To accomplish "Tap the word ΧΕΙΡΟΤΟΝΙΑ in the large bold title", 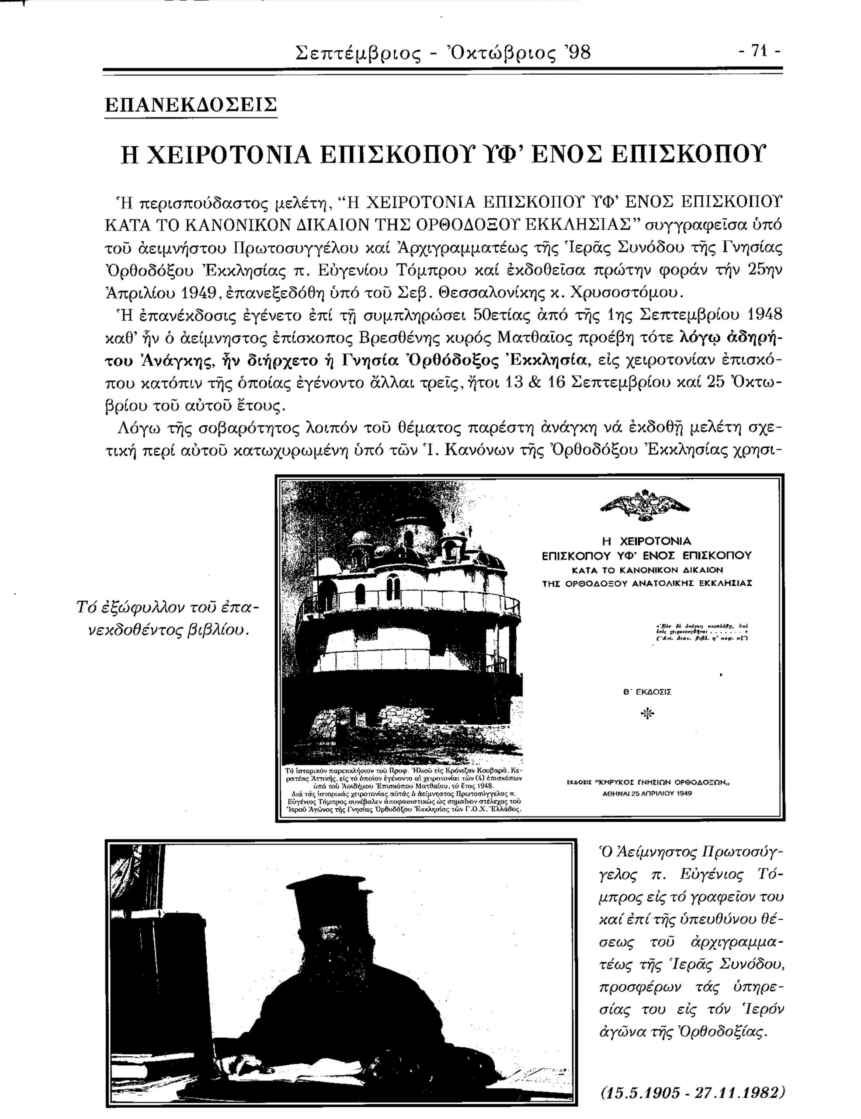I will (x=215, y=154).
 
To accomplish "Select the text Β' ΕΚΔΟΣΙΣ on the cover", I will (x=646, y=692).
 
